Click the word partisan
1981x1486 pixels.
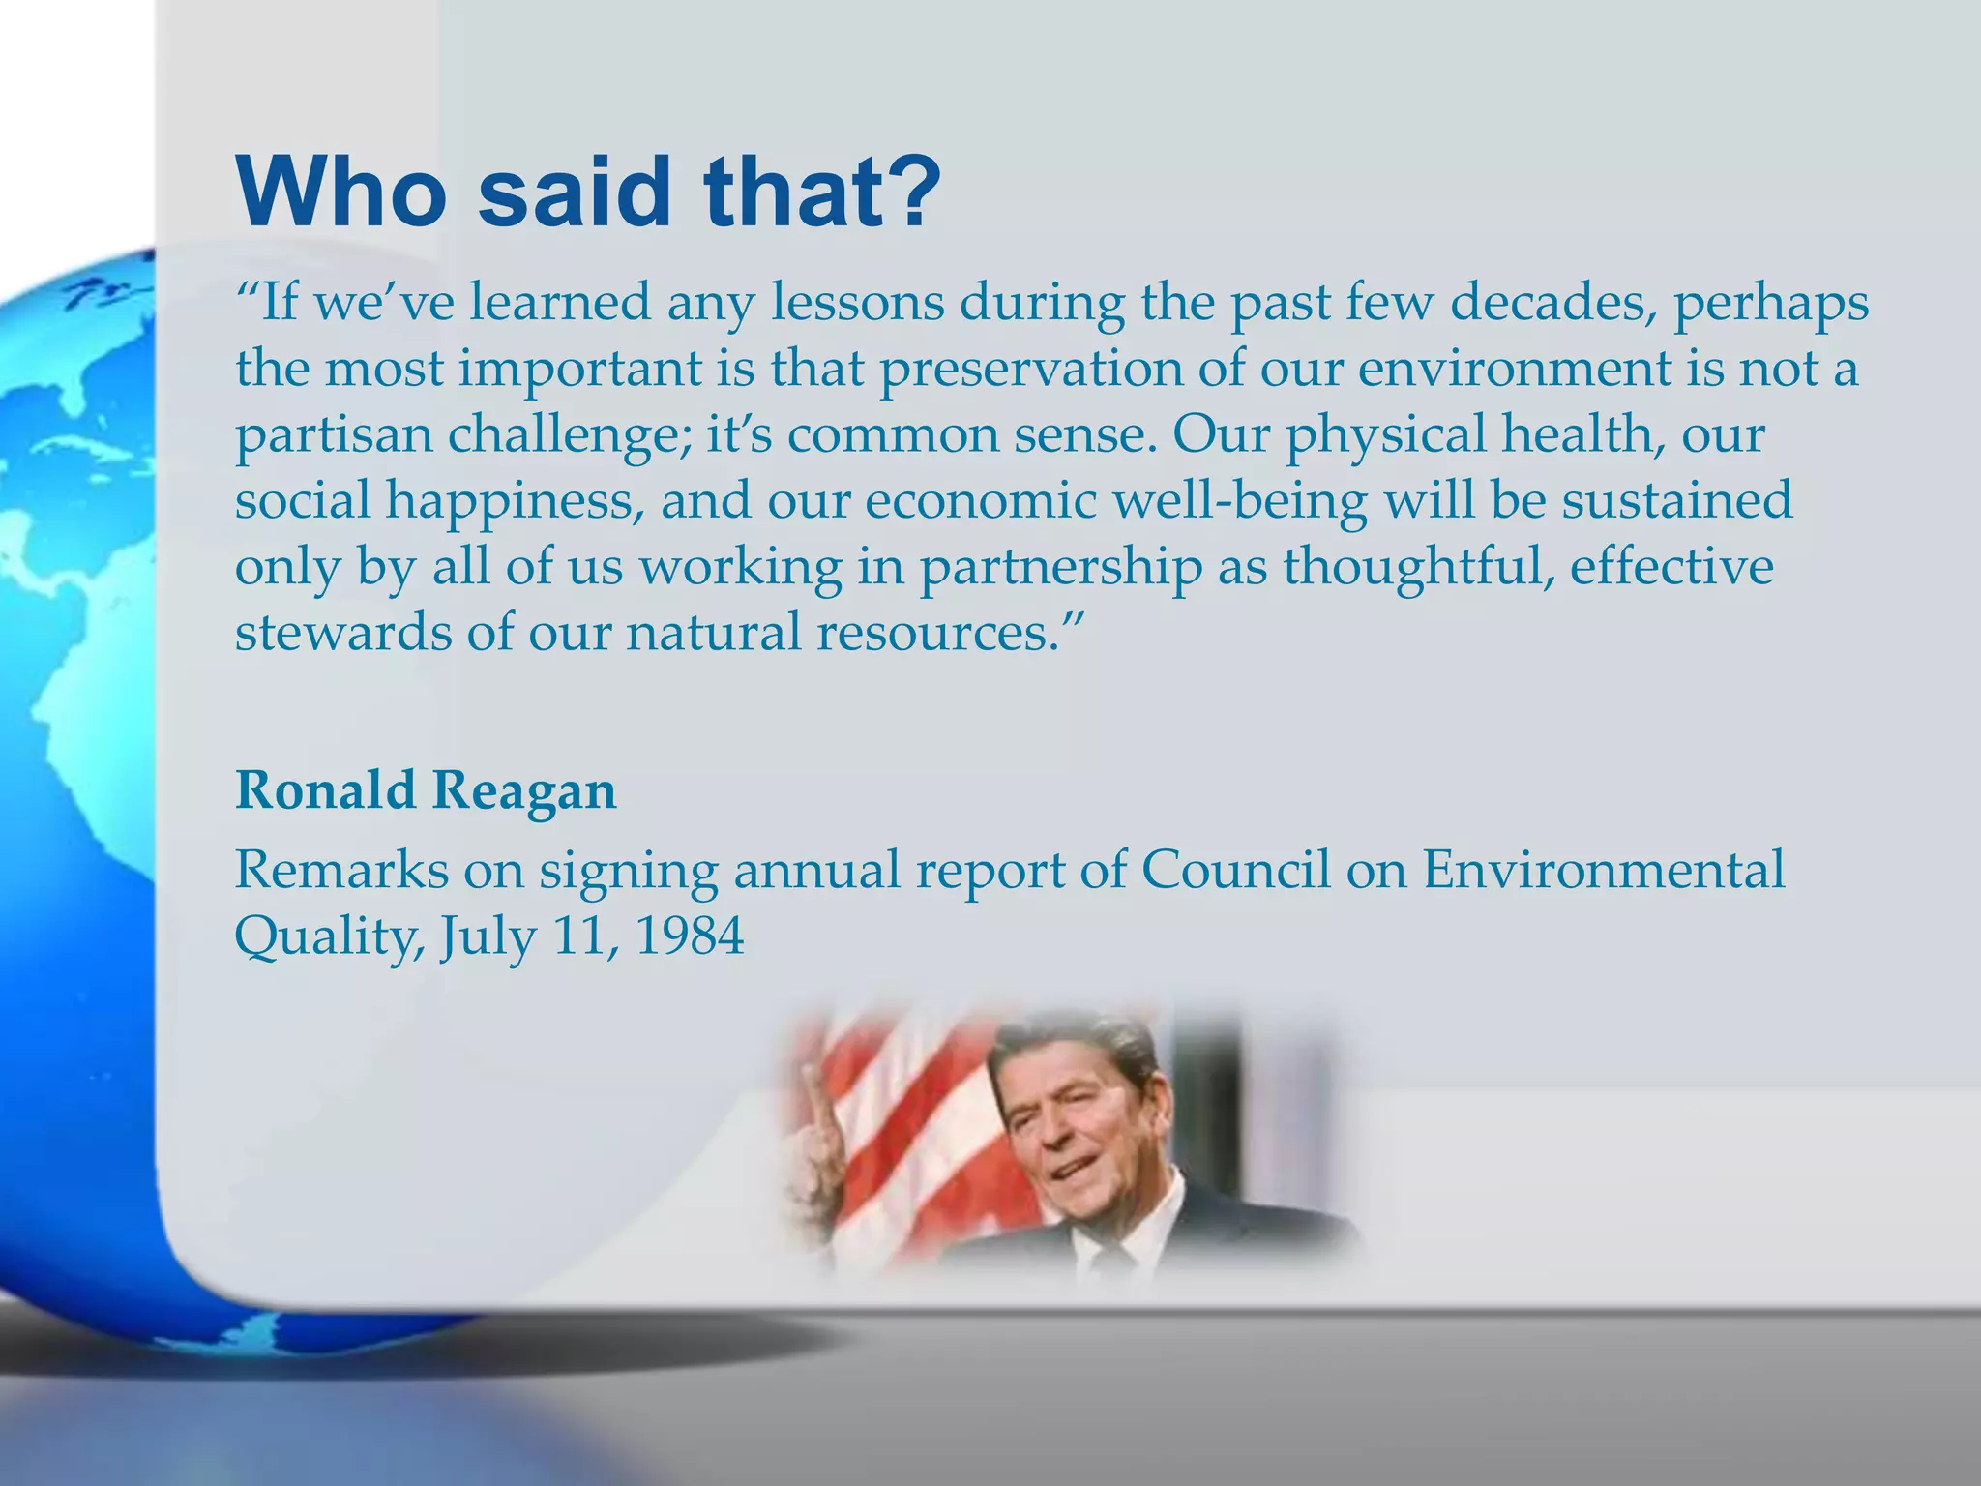333,434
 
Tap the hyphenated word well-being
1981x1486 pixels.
1239,501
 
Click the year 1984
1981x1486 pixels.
690,936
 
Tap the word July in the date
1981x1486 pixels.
488,936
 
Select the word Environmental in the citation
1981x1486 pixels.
1603,869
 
